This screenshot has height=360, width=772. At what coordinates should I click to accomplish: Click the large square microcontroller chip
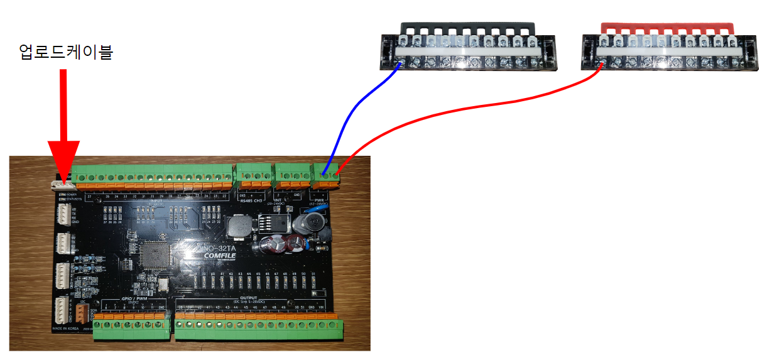155,256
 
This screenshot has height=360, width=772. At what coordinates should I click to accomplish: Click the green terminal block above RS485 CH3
253,175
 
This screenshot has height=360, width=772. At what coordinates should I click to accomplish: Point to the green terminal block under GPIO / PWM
132,327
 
